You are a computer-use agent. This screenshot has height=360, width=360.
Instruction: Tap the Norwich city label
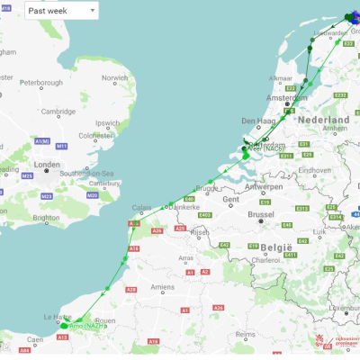(115, 78)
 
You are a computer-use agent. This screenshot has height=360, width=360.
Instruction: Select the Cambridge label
(58, 112)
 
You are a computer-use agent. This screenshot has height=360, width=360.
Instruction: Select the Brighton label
(47, 217)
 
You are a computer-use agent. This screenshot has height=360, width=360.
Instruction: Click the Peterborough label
(40, 83)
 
